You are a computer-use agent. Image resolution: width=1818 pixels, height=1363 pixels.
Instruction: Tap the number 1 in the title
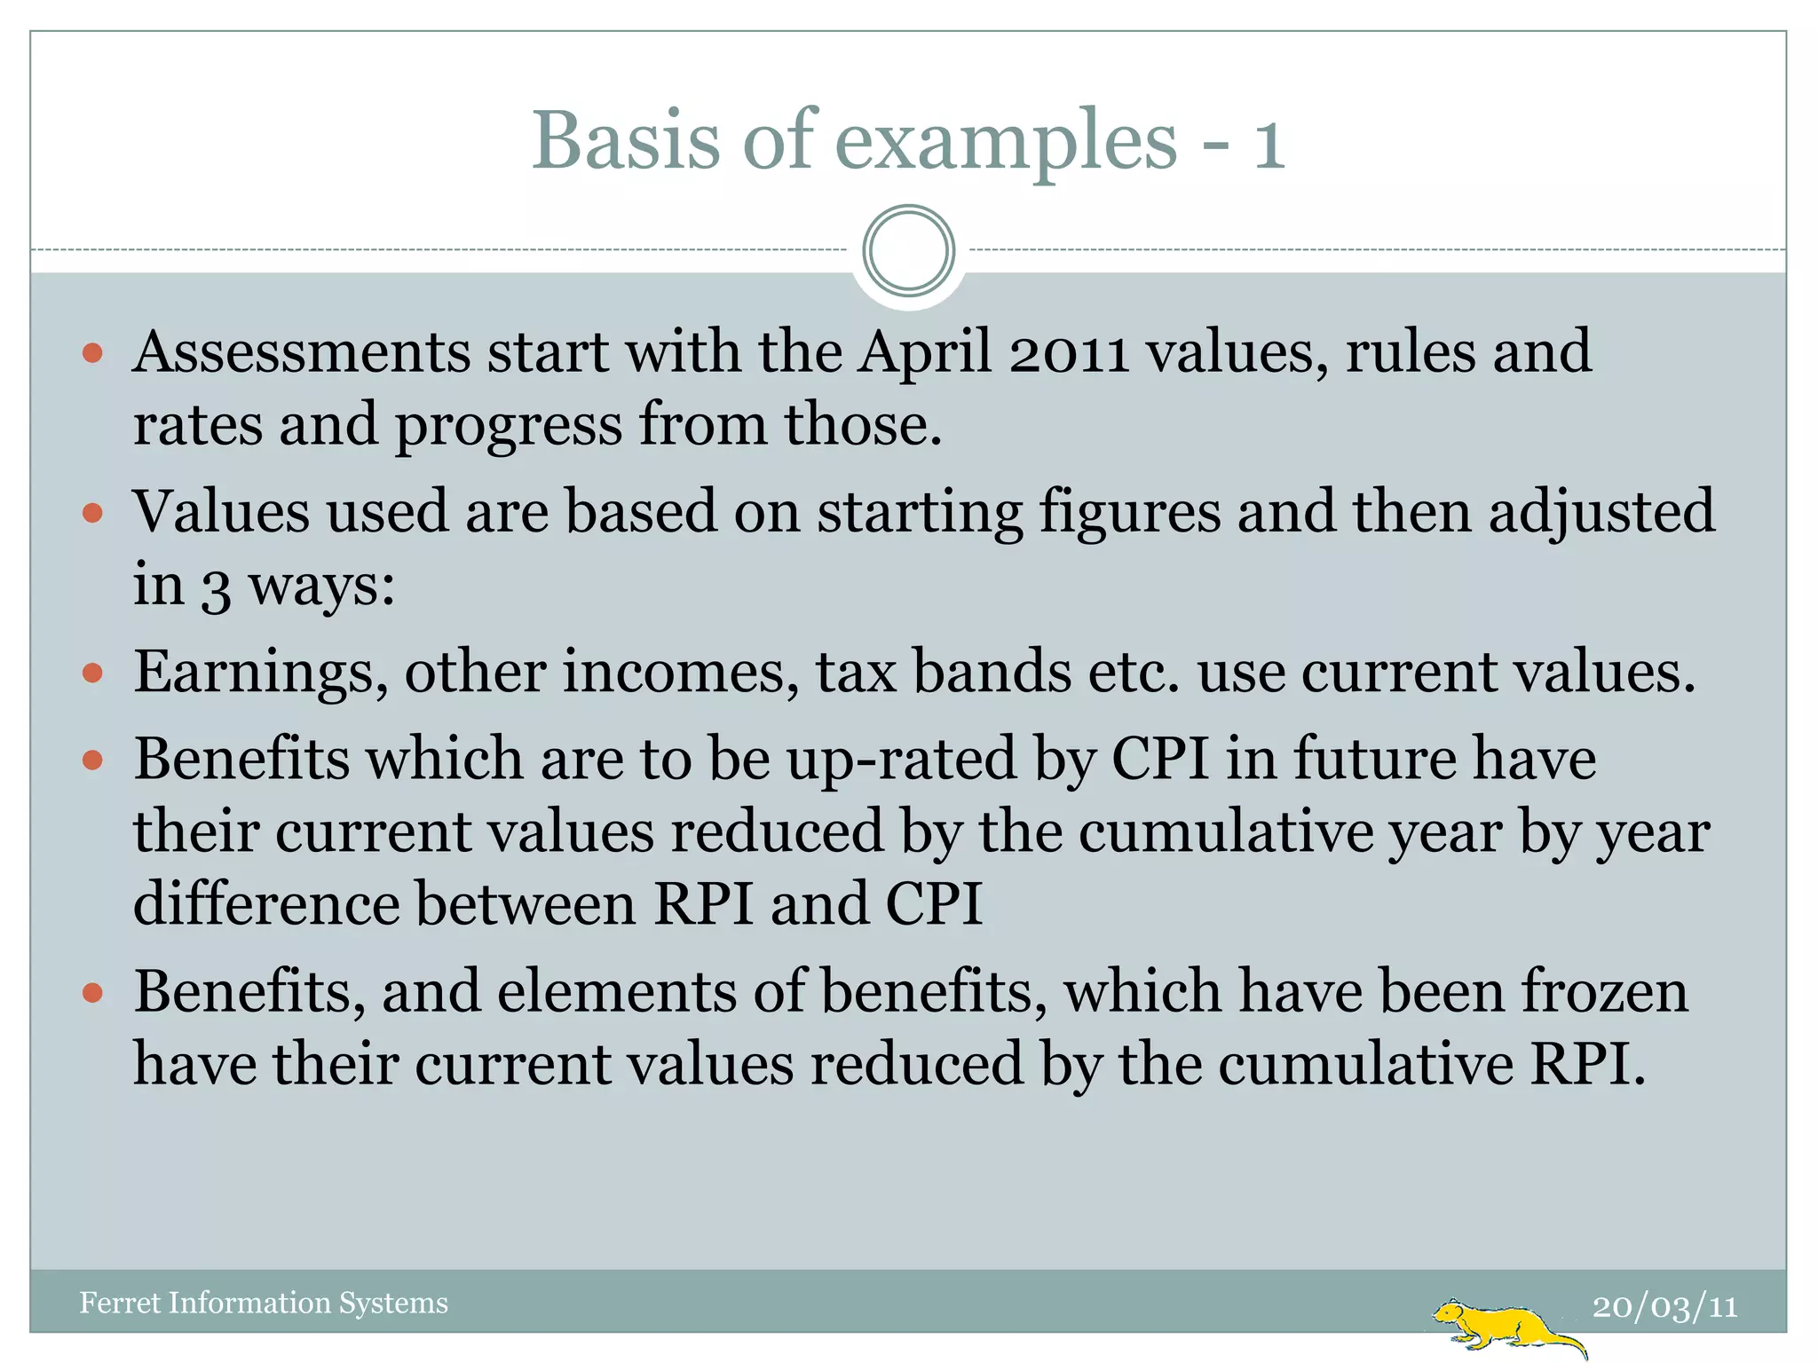1269,144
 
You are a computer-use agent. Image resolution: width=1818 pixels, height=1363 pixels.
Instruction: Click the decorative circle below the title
908,250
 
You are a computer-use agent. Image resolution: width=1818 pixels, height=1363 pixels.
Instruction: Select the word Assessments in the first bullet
301,351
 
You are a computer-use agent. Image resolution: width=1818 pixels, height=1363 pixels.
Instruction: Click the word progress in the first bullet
509,426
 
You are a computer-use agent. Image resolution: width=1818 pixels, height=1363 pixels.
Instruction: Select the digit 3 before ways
215,587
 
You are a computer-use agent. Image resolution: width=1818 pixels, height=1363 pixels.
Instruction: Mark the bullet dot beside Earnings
93,673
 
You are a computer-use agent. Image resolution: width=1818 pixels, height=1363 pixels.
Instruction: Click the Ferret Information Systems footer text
264,1303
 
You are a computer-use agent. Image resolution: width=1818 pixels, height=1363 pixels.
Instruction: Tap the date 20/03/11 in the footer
1664,1306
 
